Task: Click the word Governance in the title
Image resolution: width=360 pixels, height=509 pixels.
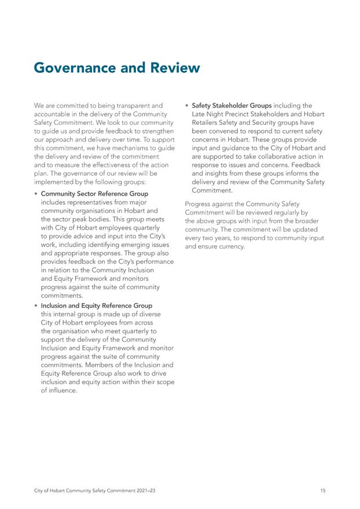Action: pyautogui.click(x=75, y=68)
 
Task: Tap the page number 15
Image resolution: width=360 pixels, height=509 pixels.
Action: pyautogui.click(x=322, y=491)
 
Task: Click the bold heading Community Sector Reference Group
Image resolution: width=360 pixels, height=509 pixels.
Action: pyautogui.click(x=94, y=194)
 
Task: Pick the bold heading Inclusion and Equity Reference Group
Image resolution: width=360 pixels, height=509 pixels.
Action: pyautogui.click(x=97, y=305)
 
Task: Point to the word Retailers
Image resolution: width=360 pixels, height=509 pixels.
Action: pyautogui.click(x=210, y=123)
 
